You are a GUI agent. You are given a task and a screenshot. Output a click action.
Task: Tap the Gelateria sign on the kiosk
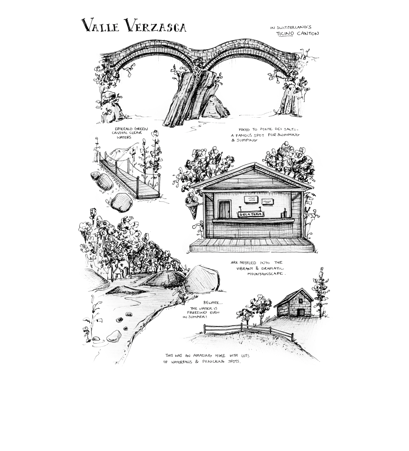click(251, 214)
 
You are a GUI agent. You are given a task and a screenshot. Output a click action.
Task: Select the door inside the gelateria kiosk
click(225, 209)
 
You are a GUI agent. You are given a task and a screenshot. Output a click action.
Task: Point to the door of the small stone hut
click(301, 312)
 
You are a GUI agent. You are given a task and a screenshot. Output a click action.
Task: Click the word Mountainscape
click(266, 274)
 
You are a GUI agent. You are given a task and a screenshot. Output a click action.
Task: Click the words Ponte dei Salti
click(279, 129)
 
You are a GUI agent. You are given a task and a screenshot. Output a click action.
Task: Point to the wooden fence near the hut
click(248, 331)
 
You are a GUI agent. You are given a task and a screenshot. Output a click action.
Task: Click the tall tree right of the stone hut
click(321, 292)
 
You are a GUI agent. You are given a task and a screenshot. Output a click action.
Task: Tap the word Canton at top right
click(308, 34)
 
